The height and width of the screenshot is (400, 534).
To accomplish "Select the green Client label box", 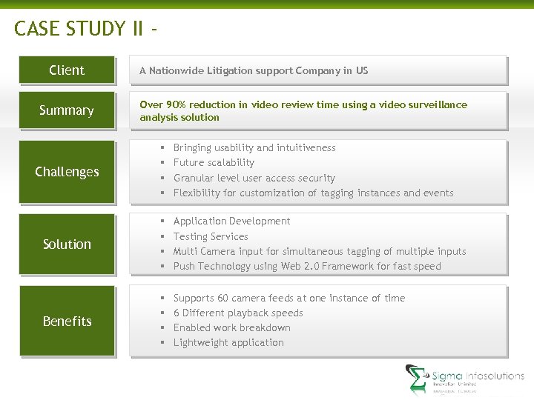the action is tap(67, 70).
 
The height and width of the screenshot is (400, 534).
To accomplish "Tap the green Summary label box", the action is tap(67, 110).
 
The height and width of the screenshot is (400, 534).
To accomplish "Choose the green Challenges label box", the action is tap(67, 172).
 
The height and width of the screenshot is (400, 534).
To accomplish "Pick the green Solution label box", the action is tap(67, 244).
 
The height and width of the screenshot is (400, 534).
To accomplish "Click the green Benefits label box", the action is tap(67, 321).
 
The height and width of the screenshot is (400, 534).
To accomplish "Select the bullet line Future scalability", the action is tap(214, 162).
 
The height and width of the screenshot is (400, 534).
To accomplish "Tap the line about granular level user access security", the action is tap(254, 178).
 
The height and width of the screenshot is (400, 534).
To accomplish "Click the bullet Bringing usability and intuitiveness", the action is tap(254, 147).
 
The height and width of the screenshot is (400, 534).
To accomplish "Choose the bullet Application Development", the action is tap(231, 221).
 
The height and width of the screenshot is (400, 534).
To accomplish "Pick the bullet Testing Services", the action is tap(211, 236).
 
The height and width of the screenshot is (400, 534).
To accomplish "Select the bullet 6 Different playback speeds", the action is tap(237, 313).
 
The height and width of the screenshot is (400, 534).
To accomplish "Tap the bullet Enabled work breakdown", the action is tap(231, 327).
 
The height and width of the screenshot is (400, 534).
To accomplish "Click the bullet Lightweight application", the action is tap(228, 342).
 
